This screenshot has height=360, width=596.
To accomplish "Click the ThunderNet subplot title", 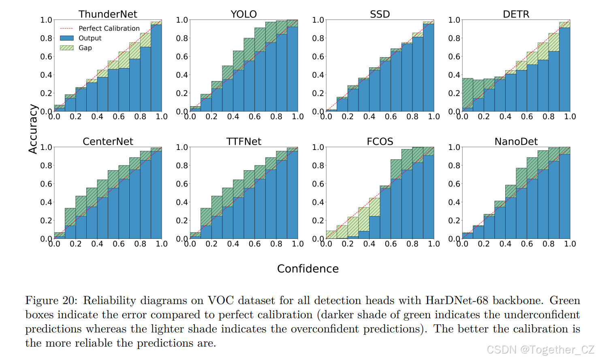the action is point(108,14).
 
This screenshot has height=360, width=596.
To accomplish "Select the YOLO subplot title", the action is point(244,14).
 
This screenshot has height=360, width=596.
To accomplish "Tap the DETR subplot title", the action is point(516,14).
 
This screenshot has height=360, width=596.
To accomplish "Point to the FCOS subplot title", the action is point(380,141).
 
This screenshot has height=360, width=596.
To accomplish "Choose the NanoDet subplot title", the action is point(516,141).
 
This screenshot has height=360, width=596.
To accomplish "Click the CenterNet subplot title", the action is point(108,141).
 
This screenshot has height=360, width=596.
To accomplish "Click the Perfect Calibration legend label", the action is point(109,28).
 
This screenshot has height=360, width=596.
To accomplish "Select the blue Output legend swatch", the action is point(67,38).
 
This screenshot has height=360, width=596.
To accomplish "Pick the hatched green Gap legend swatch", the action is point(67,48).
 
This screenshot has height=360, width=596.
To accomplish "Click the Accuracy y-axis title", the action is point(33,129).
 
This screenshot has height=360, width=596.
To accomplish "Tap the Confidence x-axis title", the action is point(308,269).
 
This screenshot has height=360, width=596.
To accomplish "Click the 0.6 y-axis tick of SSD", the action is point(318,56).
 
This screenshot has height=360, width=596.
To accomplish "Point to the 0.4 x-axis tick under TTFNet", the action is point(233,244).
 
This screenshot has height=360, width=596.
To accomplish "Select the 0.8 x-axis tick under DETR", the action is point(548,117).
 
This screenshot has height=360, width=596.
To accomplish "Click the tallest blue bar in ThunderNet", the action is point(156,68).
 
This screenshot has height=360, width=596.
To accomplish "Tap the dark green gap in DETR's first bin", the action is point(468,93).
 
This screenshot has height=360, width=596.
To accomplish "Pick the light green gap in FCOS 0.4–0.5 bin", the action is point(374,207).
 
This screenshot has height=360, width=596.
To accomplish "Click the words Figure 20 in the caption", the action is point(51,301).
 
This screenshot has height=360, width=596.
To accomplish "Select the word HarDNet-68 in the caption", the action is point(457,300).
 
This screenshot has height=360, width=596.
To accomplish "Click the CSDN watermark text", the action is point(540,349).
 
